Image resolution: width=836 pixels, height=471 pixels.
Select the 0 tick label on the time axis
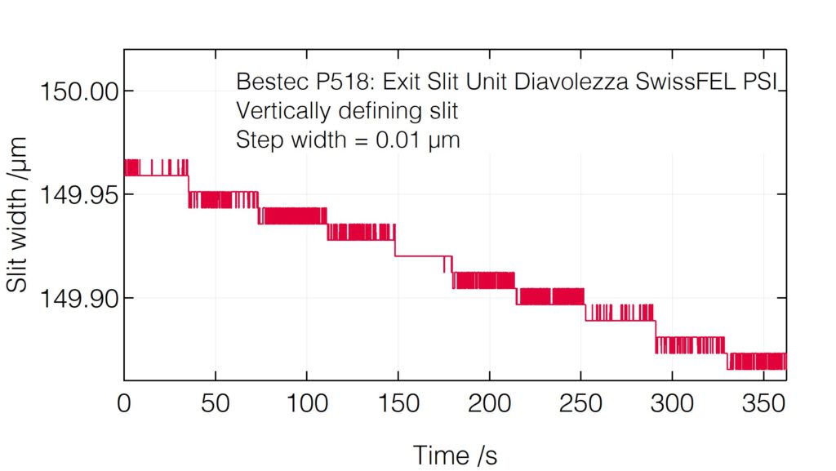pyautogui.click(x=125, y=403)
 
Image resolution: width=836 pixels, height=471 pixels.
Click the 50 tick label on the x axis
pyautogui.click(x=215, y=403)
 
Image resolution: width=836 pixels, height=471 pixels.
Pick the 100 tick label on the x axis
pyautogui.click(x=306, y=403)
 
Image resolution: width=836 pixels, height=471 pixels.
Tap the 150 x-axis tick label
pyautogui.click(x=398, y=403)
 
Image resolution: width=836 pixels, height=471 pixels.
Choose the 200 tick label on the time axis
pyautogui.click(x=489, y=403)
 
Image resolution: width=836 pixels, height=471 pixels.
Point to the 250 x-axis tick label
pyautogui.click(x=580, y=403)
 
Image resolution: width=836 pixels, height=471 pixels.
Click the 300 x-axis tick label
pyautogui.click(x=672, y=403)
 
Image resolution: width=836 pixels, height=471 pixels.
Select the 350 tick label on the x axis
pyautogui.click(x=763, y=403)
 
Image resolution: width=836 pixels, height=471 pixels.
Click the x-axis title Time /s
pyautogui.click(x=455, y=455)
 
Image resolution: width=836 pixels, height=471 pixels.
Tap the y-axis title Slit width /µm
pyautogui.click(x=18, y=215)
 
